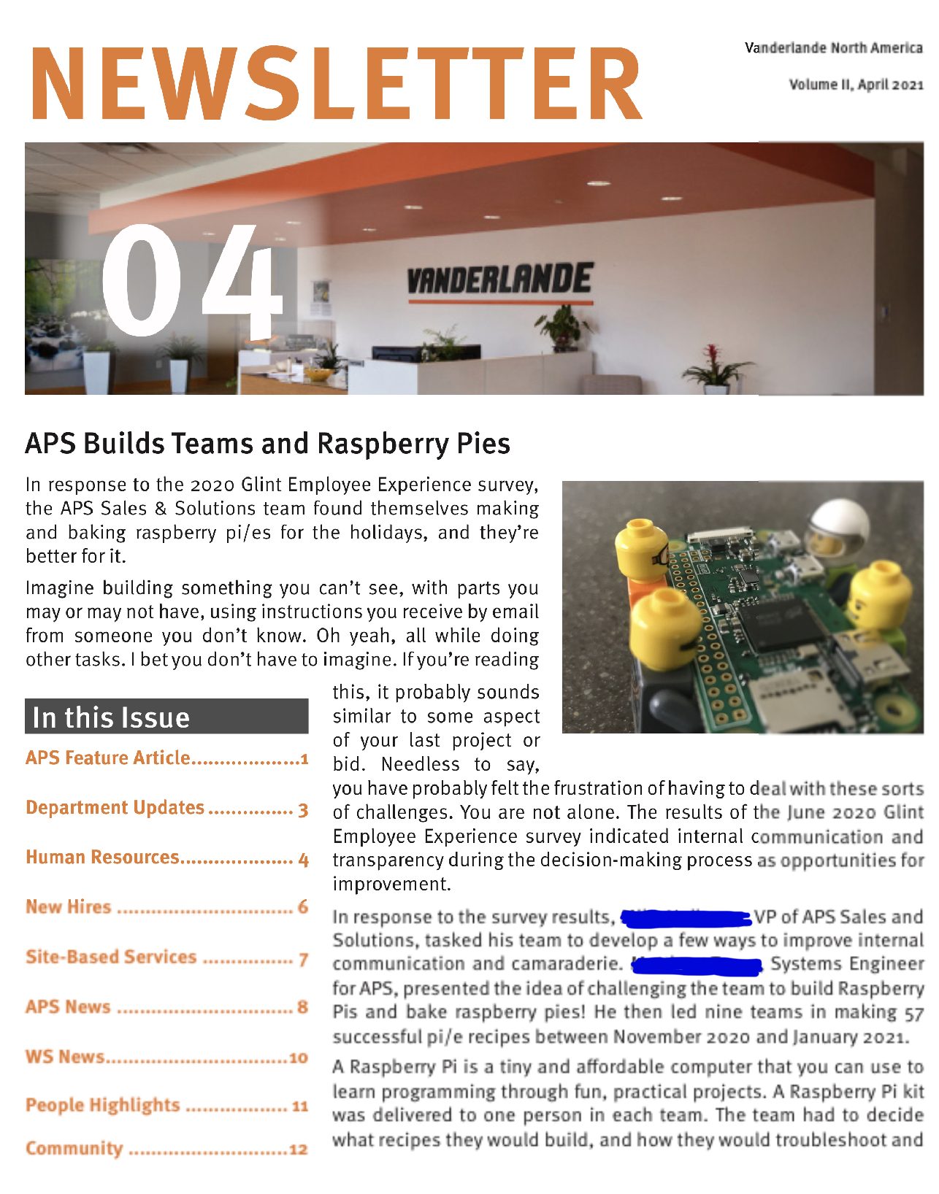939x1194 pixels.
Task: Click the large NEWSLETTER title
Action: coord(336,83)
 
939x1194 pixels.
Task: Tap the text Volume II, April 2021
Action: coord(856,85)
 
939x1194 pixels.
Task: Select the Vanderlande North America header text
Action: coord(833,48)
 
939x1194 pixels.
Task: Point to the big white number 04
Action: coord(191,280)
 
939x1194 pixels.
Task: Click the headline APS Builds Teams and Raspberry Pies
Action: coord(267,444)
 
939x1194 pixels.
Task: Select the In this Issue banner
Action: coord(166,717)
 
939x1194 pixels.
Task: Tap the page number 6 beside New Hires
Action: coord(302,907)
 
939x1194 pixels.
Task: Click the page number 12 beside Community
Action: coord(298,1149)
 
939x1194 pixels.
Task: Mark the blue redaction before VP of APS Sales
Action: coord(686,917)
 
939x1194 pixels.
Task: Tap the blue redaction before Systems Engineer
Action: coord(697,966)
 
